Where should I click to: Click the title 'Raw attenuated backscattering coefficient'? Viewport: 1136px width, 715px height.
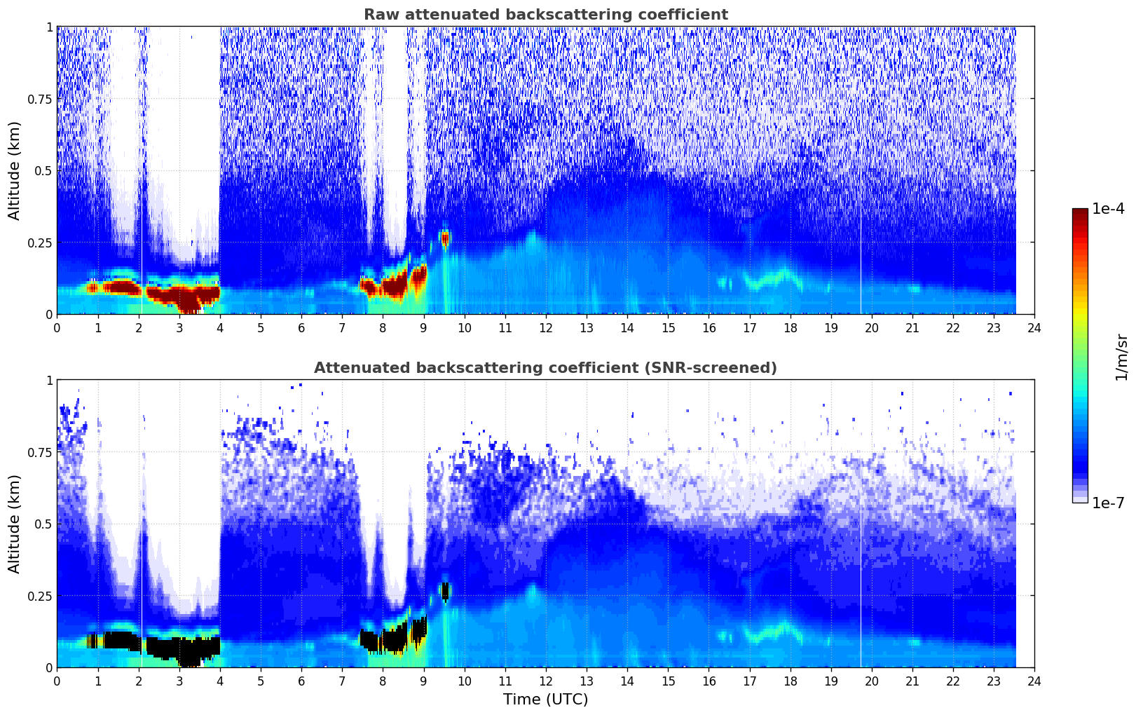click(x=545, y=15)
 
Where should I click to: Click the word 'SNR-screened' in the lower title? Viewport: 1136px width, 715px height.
click(x=720, y=368)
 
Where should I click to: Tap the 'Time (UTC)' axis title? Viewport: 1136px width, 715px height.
click(x=545, y=700)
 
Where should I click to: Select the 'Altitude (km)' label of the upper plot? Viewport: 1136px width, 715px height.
click(x=15, y=170)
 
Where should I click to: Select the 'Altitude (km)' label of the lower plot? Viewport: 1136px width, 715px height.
click(x=15, y=524)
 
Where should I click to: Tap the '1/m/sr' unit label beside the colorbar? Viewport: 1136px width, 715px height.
click(x=1121, y=357)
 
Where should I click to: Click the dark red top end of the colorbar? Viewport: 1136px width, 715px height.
click(x=1079, y=213)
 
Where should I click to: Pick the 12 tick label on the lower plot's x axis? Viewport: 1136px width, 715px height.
click(x=545, y=681)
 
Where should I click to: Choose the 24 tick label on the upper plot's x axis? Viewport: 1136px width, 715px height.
click(x=1034, y=327)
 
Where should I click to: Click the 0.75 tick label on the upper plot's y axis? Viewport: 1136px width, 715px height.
click(x=40, y=99)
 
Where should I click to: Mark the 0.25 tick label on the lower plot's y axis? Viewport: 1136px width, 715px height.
click(x=40, y=596)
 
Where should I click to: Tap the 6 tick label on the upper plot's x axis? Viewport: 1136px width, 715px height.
click(x=301, y=327)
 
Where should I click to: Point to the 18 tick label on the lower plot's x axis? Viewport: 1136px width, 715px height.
click(x=790, y=681)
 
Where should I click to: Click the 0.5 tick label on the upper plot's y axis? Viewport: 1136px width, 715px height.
click(x=43, y=170)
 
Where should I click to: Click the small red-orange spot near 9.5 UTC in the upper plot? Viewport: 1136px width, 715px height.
click(x=444, y=238)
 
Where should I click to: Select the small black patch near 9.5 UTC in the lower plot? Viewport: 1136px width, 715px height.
click(x=444, y=591)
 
